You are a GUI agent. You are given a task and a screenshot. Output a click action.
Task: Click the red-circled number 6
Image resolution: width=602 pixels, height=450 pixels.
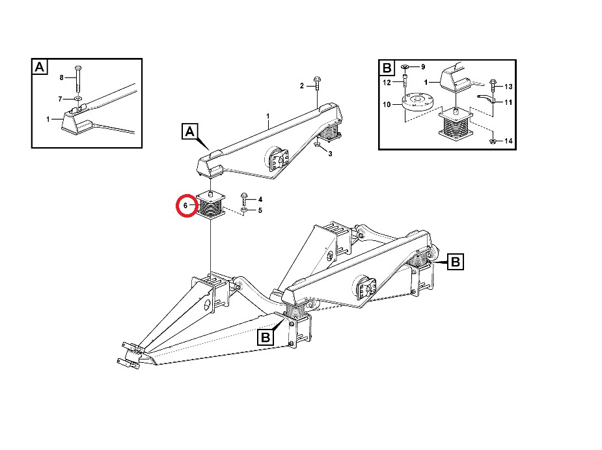185,206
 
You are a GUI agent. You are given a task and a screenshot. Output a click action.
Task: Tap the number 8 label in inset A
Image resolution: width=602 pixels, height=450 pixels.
61,77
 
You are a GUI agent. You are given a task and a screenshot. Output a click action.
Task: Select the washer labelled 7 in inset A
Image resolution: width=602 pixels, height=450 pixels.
78,99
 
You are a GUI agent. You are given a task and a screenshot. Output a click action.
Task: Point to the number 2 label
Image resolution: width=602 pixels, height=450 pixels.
302,86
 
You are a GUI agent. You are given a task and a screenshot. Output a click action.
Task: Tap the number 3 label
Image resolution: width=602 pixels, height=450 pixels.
330,154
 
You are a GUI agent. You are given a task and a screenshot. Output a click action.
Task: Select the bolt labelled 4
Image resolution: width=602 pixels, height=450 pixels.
244,199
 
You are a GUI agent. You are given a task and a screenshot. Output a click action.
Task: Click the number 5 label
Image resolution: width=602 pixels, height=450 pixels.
260,210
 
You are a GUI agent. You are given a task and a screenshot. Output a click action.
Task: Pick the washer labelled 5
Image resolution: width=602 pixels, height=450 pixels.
244,210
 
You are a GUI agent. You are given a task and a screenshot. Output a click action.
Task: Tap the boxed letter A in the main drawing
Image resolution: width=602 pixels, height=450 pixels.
189,132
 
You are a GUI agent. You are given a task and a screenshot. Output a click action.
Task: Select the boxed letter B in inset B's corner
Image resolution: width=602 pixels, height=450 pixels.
387,68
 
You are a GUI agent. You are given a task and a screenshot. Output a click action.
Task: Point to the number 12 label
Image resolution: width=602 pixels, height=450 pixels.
387,83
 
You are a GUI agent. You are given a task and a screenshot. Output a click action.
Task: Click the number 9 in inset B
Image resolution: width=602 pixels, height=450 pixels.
423,67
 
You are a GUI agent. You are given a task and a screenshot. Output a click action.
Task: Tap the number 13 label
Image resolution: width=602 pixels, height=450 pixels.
508,87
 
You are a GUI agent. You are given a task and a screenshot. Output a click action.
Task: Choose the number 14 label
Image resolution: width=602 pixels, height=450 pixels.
508,141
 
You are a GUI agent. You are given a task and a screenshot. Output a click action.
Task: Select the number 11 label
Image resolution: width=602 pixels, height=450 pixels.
508,102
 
